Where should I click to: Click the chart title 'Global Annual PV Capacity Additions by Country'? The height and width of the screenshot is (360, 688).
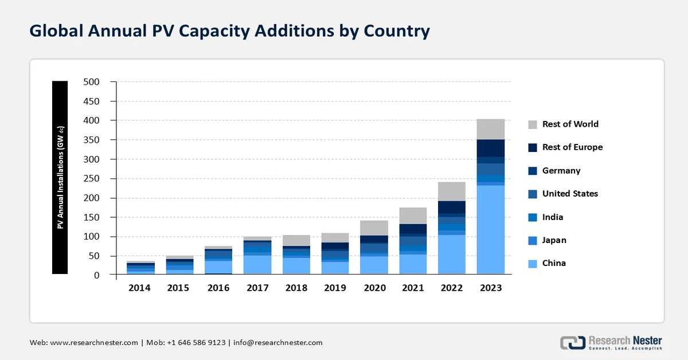(229, 31)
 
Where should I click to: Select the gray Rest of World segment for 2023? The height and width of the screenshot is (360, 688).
(490, 129)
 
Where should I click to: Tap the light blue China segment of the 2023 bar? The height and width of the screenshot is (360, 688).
(490, 229)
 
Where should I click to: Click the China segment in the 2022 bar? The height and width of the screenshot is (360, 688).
(451, 255)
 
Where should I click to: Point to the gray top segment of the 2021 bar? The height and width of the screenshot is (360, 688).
(412, 216)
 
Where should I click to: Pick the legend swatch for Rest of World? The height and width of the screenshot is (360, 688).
(533, 124)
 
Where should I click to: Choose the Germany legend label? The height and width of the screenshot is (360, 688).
(561, 171)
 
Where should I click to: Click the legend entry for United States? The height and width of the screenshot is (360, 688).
(570, 194)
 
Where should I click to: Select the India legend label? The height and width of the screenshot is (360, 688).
(553, 217)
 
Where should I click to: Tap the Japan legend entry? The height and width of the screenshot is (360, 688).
(554, 240)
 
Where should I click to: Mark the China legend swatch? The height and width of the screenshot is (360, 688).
(533, 264)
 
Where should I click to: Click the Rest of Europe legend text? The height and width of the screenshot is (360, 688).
(572, 147)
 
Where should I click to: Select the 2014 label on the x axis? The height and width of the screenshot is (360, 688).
(139, 288)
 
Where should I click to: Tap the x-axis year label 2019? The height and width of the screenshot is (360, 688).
(334, 288)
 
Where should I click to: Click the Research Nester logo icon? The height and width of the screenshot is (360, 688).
(572, 343)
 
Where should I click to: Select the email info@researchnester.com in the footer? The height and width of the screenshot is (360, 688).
(277, 343)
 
